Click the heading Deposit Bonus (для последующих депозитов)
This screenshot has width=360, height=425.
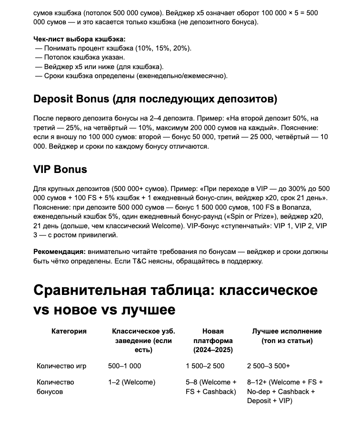pyautogui.click(x=155, y=99)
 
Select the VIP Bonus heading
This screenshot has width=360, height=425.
pyautogui.click(x=60, y=169)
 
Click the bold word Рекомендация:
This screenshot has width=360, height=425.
pyautogui.click(x=60, y=252)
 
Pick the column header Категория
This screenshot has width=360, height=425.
pyautogui.click(x=69, y=331)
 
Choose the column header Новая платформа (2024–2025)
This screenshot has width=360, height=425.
pyautogui.click(x=213, y=340)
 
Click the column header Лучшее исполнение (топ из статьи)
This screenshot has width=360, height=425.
pyautogui.click(x=287, y=336)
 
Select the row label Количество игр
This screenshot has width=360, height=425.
pyautogui.click(x=61, y=366)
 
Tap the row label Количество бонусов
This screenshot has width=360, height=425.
pyautogui.click(x=55, y=387)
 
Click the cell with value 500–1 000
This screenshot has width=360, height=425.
pyautogui.click(x=125, y=366)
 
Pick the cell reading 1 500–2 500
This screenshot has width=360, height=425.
pyautogui.click(x=205, y=366)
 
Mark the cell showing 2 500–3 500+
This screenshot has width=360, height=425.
pyautogui.click(x=269, y=366)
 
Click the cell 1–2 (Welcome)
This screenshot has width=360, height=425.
pyautogui.click(x=132, y=382)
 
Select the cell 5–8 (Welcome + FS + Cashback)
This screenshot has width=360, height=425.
pyautogui.click(x=211, y=387)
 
